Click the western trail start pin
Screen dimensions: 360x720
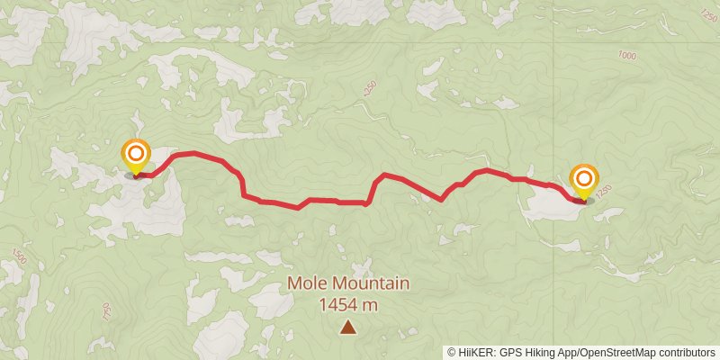point(136,156)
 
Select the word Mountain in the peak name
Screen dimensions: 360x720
point(372,284)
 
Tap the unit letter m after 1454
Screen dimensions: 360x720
point(370,306)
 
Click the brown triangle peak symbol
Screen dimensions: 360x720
point(348,328)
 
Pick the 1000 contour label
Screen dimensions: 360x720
point(627,56)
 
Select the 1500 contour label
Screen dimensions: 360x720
point(20,260)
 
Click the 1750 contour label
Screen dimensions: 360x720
point(105,313)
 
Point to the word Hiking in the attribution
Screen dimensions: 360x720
point(540,352)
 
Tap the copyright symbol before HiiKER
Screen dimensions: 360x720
point(452,352)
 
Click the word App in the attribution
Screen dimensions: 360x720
point(567,352)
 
